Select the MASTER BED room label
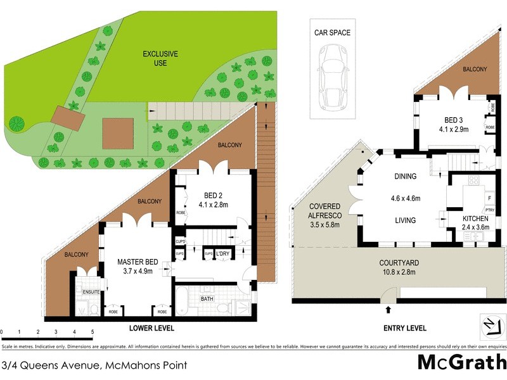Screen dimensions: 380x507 (x=138, y=261)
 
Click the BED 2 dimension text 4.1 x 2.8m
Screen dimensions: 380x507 (x=215, y=205)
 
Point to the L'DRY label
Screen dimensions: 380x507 (x=222, y=254)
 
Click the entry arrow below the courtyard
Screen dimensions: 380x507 (x=388, y=310)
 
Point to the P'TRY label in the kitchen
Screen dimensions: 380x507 (x=489, y=210)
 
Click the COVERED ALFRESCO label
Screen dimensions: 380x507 (x=325, y=211)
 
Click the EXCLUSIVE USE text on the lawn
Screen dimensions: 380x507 (x=160, y=58)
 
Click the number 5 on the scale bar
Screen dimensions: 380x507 (x=93, y=332)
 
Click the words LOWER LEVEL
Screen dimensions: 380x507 (x=151, y=328)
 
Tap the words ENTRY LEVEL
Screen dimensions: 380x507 (x=405, y=328)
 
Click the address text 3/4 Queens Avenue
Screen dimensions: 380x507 (x=51, y=365)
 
